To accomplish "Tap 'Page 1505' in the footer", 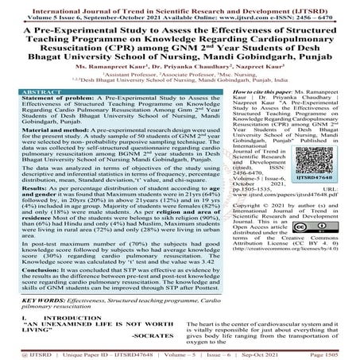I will click(x=339, y=353).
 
